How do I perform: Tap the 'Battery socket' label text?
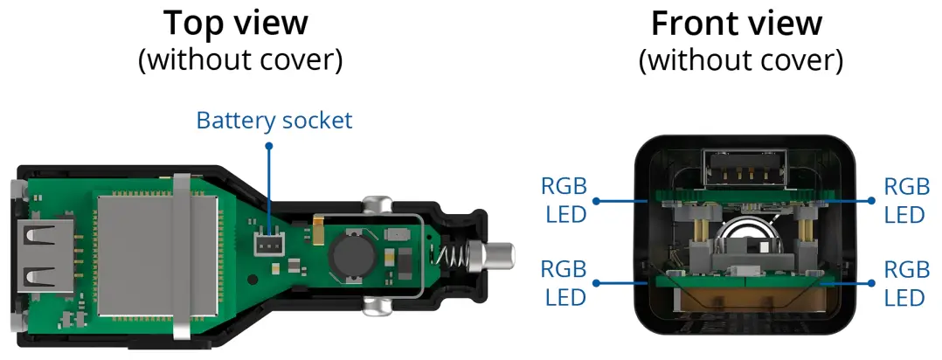tap(274, 120)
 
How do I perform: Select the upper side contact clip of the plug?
tap(376, 205)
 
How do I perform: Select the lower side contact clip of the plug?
tap(376, 307)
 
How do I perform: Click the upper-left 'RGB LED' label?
tap(564, 200)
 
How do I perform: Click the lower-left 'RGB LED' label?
tap(564, 283)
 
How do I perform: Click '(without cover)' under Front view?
tap(740, 60)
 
